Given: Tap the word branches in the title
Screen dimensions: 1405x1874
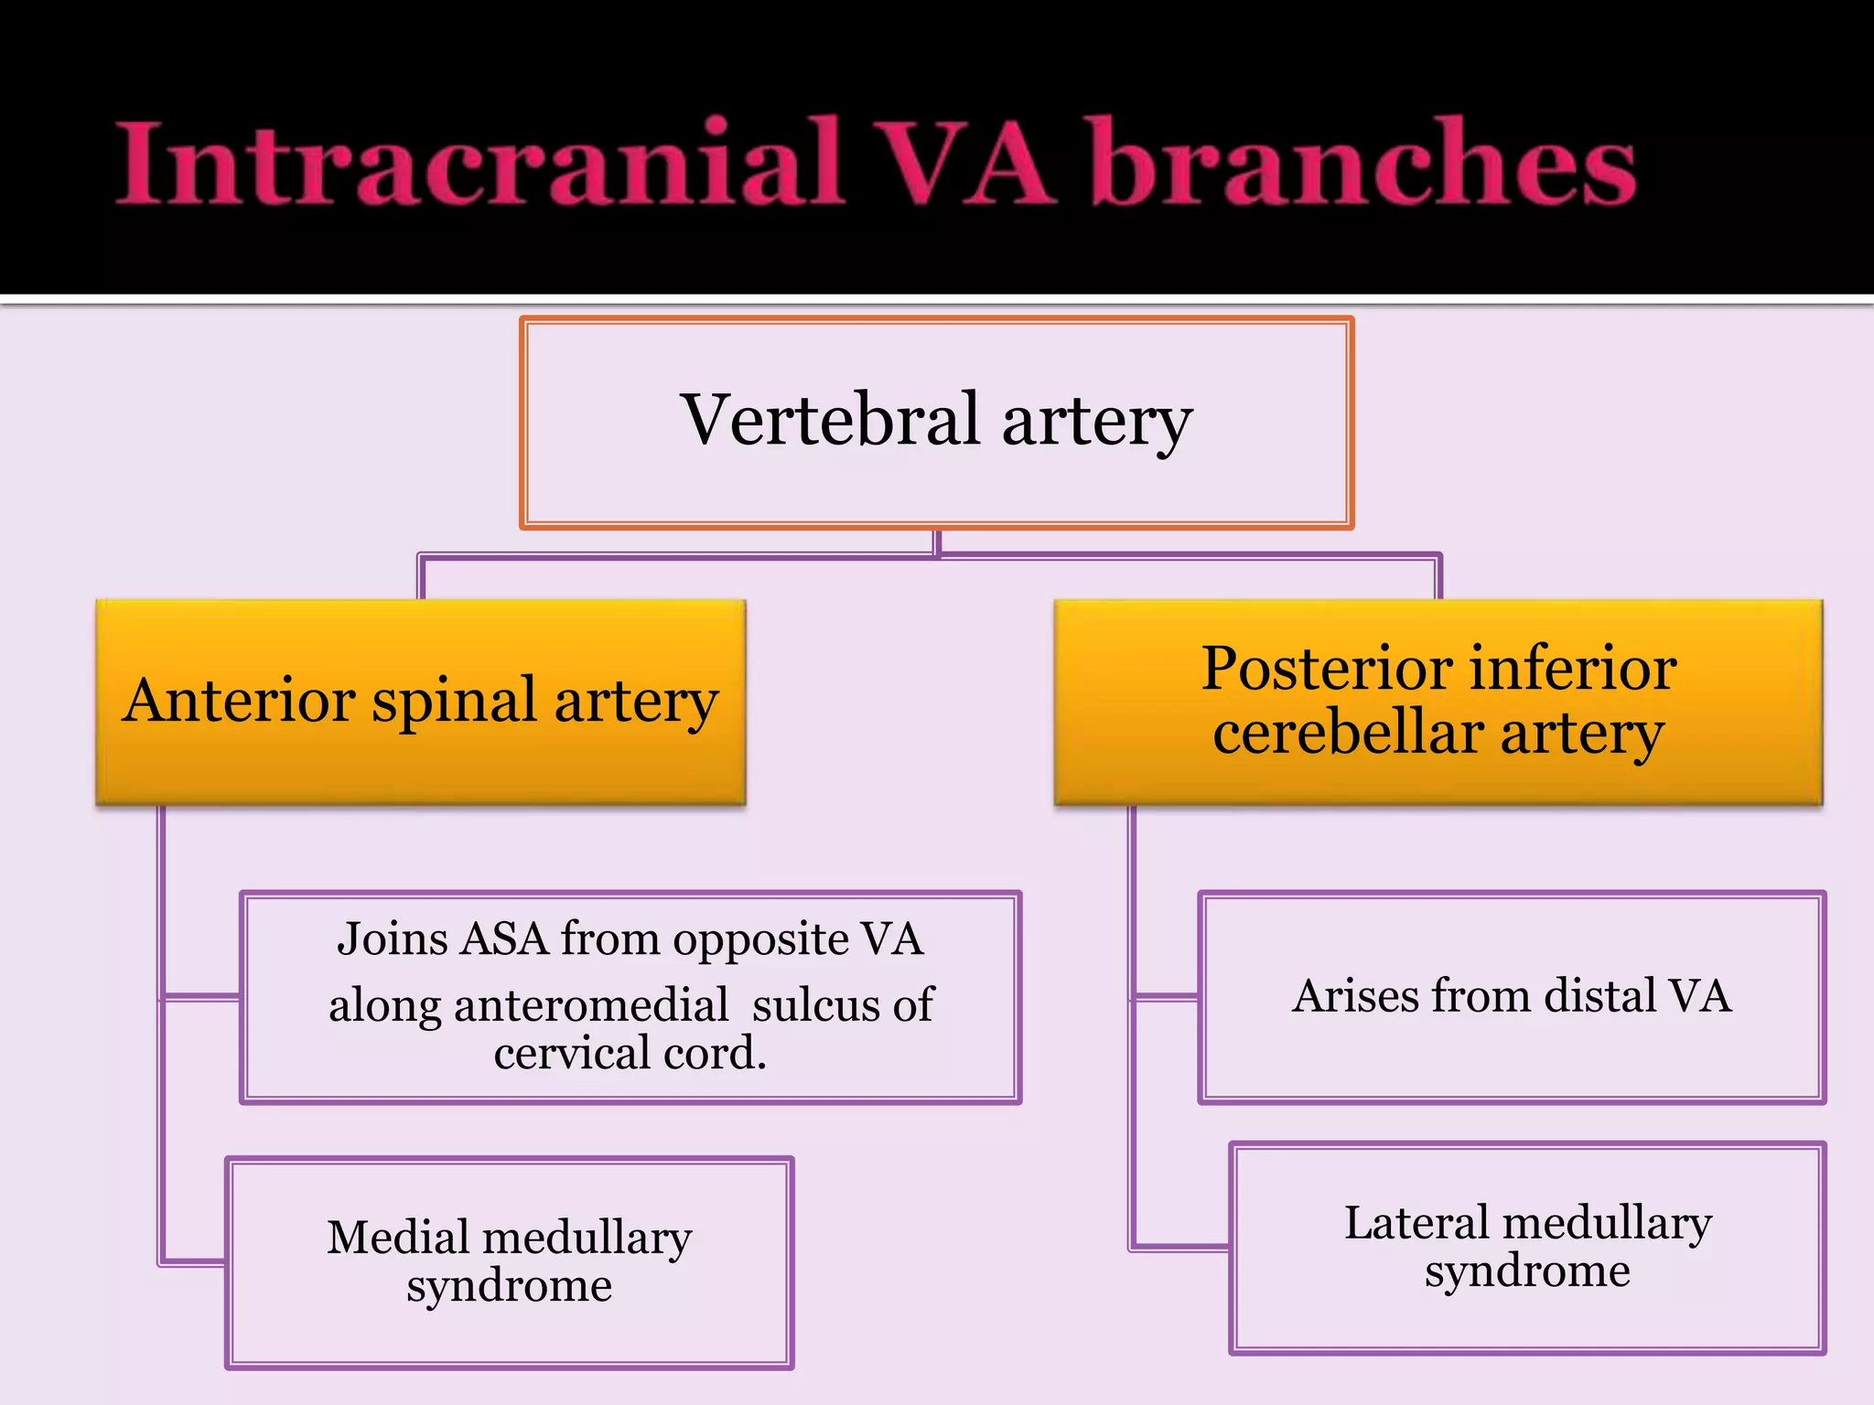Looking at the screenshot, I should point(1363,165).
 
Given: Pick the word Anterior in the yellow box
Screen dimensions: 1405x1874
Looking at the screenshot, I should point(240,702).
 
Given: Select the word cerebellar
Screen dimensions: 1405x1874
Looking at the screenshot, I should point(1348,735).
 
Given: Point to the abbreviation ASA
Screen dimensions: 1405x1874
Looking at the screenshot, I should point(505,939).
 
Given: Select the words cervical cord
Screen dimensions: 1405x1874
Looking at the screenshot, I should point(630,1054).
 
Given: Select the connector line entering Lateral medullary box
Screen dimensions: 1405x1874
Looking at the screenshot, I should point(1180,1247).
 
